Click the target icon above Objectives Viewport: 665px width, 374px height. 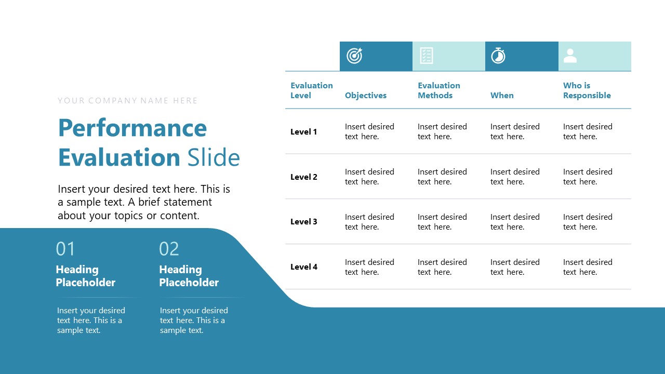tap(354, 56)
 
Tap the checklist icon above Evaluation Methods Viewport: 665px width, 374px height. tap(427, 56)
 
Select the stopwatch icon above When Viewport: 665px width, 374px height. tap(498, 56)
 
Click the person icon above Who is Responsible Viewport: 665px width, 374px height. tap(570, 56)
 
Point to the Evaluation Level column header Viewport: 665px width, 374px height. tap(311, 90)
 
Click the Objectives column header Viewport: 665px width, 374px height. tap(366, 96)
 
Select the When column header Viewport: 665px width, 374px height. tap(502, 96)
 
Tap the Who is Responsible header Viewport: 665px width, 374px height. tap(587, 90)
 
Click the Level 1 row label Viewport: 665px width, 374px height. tap(303, 132)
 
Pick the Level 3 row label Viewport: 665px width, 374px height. tap(303, 222)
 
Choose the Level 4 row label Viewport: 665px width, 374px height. tap(303, 267)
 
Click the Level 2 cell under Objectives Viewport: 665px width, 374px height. tap(369, 177)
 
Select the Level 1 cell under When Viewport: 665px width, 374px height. tap(515, 131)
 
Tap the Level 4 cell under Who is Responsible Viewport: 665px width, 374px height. tap(588, 267)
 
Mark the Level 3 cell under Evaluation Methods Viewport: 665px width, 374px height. tap(442, 222)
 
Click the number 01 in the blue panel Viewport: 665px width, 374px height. tap(65, 249)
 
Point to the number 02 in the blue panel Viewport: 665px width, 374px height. tap(169, 249)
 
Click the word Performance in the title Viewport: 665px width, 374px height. tap(132, 128)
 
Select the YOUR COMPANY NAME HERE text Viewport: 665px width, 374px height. tap(128, 101)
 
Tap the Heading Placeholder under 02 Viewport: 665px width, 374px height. tap(189, 276)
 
